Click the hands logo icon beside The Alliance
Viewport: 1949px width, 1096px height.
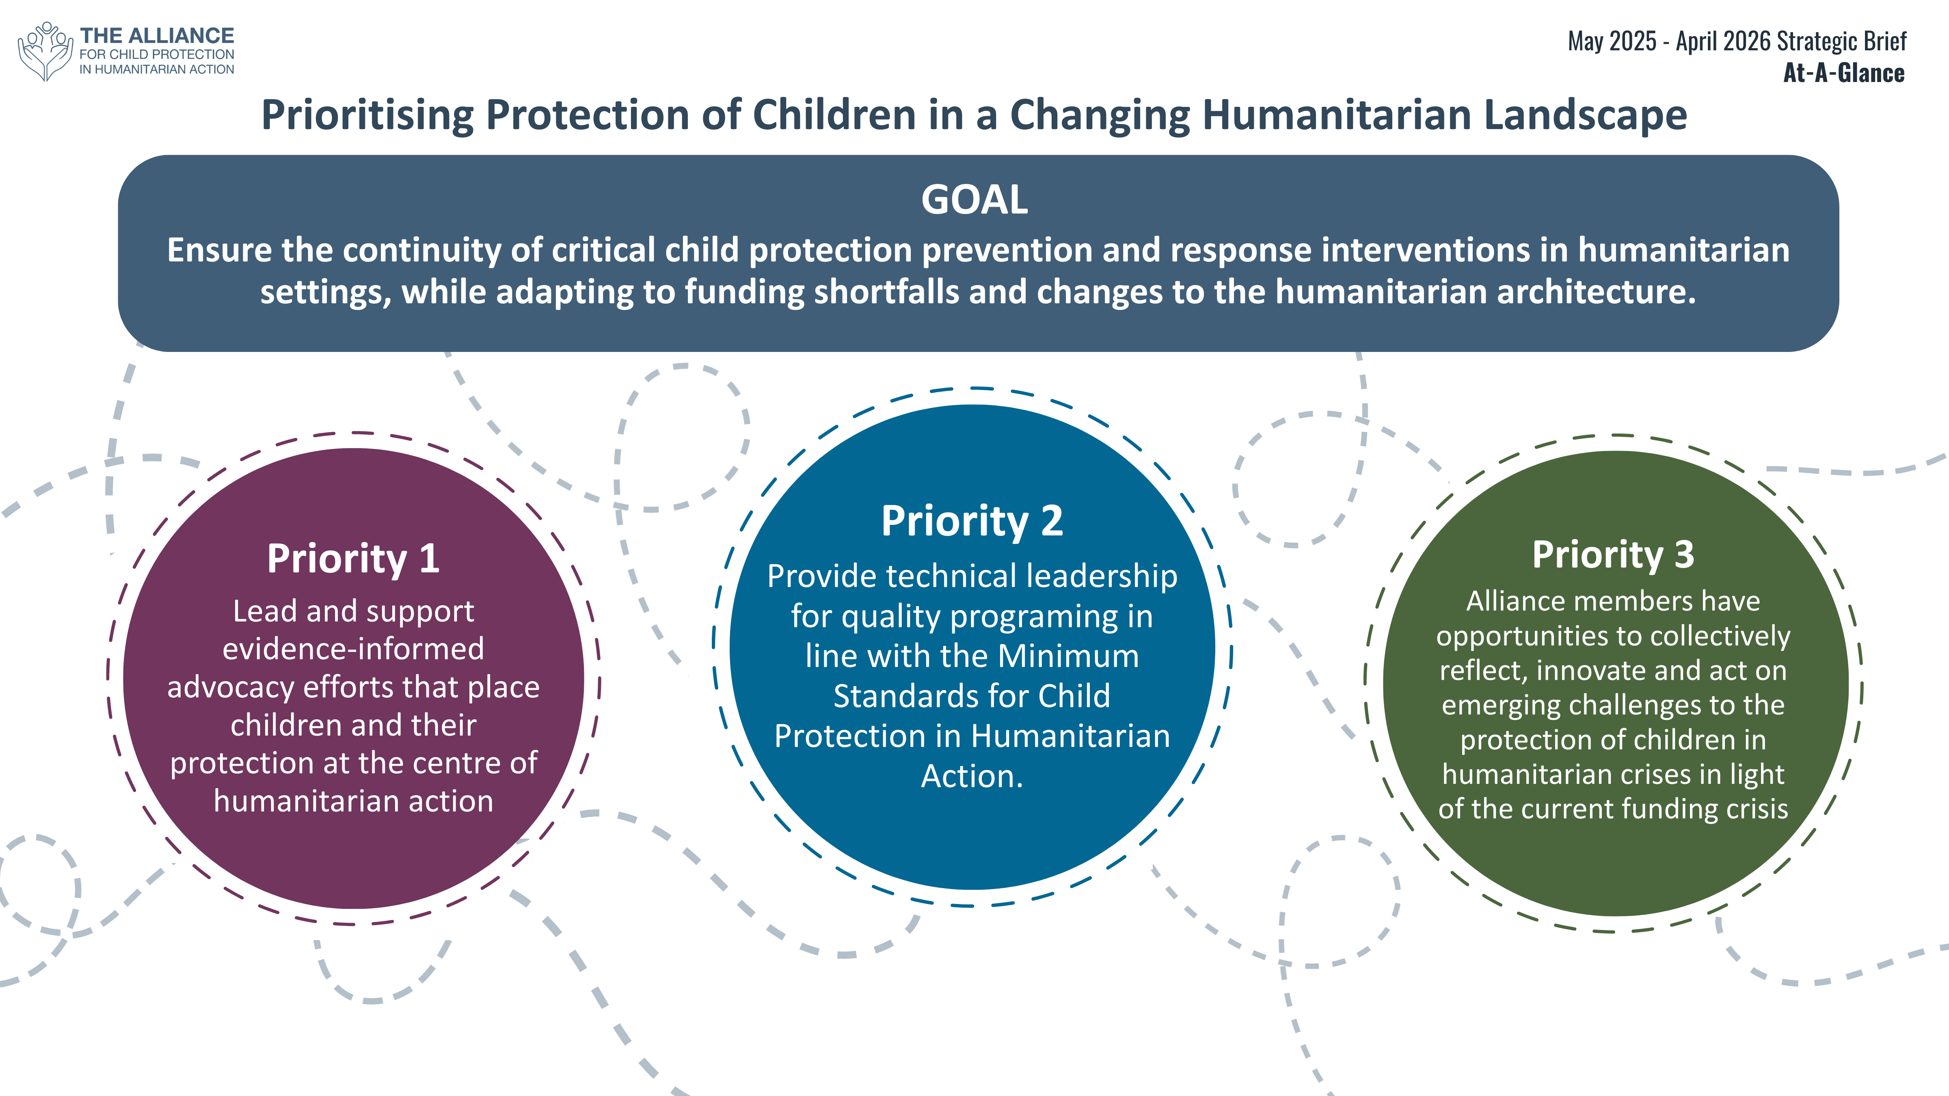(45, 51)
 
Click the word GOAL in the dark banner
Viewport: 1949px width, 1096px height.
(974, 200)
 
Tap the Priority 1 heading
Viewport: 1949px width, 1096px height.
(353, 559)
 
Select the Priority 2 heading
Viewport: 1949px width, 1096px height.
(972, 521)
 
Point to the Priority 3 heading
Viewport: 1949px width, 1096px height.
(1613, 554)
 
